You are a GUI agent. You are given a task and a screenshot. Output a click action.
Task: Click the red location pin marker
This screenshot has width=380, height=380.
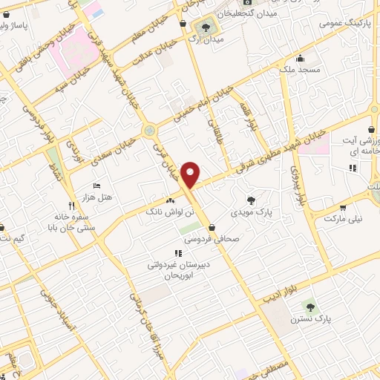coord(191,174)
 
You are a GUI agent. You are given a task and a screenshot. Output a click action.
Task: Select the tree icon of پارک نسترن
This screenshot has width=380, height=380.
coord(309,306)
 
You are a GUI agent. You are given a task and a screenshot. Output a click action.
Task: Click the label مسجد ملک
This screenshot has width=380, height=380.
coord(300,70)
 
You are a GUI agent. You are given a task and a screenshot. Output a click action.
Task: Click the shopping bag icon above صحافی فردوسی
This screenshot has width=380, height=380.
coord(213,227)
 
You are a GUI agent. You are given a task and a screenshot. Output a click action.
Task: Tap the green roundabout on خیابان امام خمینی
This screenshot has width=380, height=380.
coord(151,131)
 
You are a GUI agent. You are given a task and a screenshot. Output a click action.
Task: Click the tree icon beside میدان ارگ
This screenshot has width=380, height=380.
coord(206,28)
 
